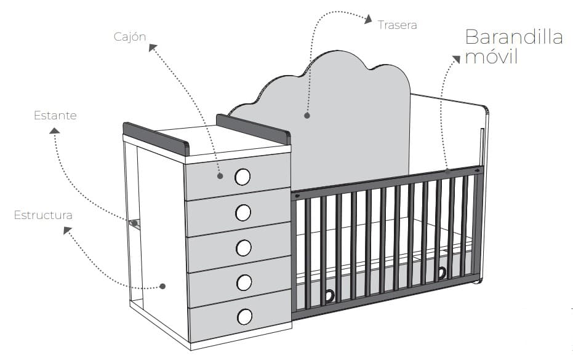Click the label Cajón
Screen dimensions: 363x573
129,36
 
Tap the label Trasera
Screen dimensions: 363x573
398,25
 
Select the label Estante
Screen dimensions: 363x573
55,115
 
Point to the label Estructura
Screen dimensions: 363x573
43,215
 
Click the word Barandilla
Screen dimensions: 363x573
514,37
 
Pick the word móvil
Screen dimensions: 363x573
492,58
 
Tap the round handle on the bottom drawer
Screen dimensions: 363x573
244,316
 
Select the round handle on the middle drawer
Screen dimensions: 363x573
244,247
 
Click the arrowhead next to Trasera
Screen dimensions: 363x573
368,20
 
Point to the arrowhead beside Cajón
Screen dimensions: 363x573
152,47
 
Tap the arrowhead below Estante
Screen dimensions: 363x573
55,130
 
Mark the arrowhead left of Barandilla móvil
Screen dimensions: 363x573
456,59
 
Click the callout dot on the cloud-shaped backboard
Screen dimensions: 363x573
307,114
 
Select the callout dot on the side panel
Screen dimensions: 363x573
162,286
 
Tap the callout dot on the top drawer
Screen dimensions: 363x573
220,176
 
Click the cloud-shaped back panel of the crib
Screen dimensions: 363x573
345,117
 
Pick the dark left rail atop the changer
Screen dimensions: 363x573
155,139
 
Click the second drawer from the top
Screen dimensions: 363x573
239,212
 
